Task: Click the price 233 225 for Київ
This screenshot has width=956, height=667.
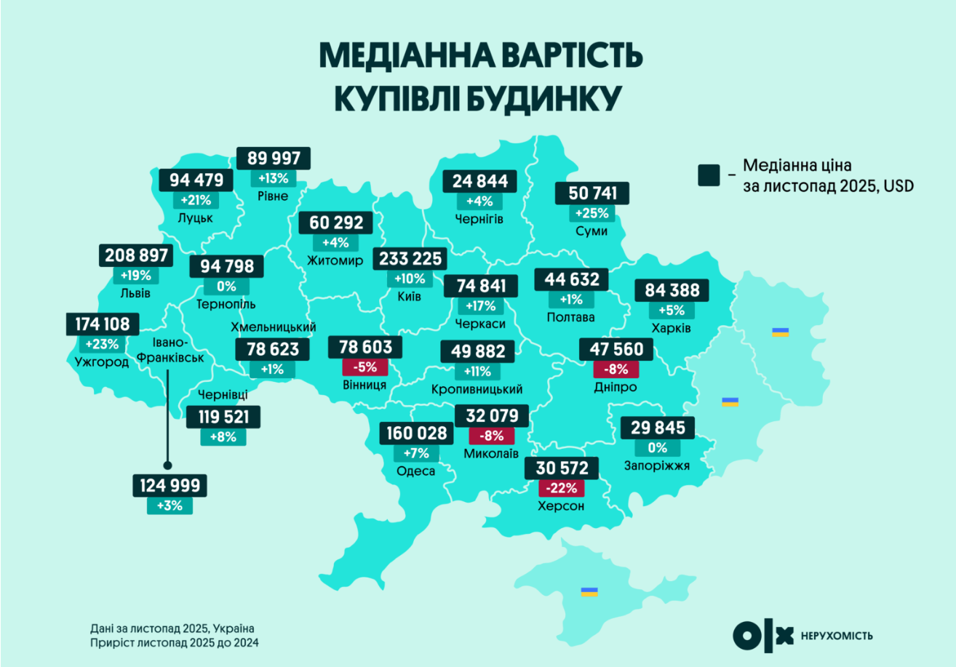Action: click(x=408, y=259)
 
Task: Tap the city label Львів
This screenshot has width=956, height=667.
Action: click(x=136, y=294)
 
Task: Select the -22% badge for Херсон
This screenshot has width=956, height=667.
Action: click(x=562, y=487)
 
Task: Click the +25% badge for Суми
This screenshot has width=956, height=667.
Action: click(x=591, y=214)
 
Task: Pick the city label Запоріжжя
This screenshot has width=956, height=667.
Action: click(x=656, y=466)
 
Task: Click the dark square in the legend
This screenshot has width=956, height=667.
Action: click(x=709, y=175)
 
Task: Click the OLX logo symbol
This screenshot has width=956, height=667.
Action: click(x=763, y=636)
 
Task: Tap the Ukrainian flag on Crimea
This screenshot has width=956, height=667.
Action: click(x=589, y=591)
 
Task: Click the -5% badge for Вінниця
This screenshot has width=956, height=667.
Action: click(x=364, y=367)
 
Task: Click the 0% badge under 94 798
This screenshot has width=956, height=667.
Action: click(x=226, y=287)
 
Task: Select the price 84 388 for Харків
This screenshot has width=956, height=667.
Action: click(x=672, y=291)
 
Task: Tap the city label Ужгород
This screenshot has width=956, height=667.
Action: click(x=101, y=361)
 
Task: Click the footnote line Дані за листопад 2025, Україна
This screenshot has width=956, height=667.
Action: click(x=173, y=628)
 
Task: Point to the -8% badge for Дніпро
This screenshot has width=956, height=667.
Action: click(x=615, y=369)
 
